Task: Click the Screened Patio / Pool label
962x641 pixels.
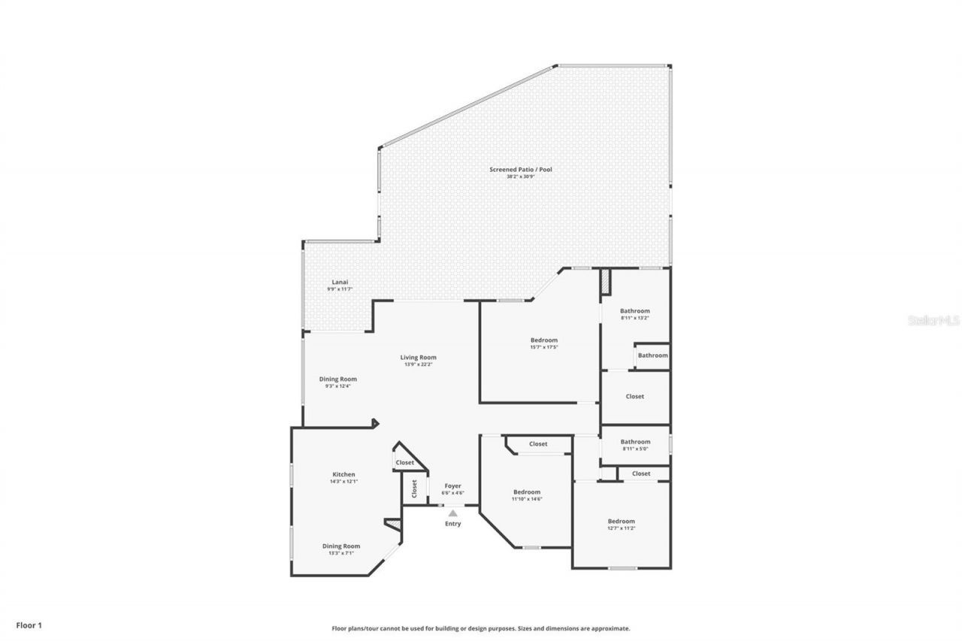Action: tap(521, 170)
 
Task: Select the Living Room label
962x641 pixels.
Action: tap(418, 358)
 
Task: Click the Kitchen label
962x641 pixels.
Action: tap(343, 475)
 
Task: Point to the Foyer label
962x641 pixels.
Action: tap(452, 486)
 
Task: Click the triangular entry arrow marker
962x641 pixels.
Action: tap(452, 513)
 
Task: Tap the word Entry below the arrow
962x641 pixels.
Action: tap(452, 524)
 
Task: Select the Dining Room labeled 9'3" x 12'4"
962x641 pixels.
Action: tap(338, 379)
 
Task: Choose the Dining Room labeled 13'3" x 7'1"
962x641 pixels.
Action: tap(341, 546)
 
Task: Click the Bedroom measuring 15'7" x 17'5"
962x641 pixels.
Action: tap(544, 340)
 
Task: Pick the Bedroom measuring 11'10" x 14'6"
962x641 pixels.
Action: tap(526, 492)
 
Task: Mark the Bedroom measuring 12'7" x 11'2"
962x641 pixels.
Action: tap(621, 522)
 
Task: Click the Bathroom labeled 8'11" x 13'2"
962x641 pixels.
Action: tap(634, 311)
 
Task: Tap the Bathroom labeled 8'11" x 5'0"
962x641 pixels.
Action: tap(635, 442)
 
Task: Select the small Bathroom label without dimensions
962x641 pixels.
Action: tap(652, 355)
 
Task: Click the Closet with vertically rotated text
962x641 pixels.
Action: tap(414, 489)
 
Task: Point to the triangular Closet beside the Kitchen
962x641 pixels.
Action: tap(404, 463)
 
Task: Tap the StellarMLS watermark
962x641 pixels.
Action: tap(933, 320)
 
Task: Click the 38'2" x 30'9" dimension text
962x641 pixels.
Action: tap(521, 177)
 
